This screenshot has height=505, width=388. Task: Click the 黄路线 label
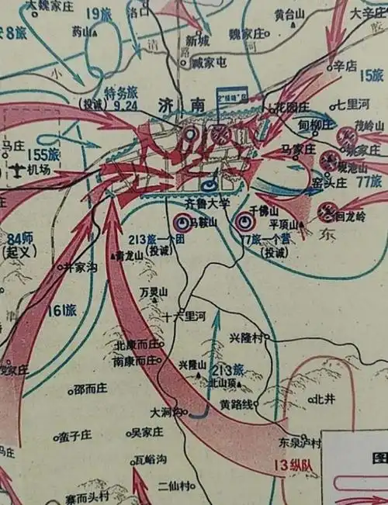(x=237, y=404)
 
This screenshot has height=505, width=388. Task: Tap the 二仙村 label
(x=175, y=486)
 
